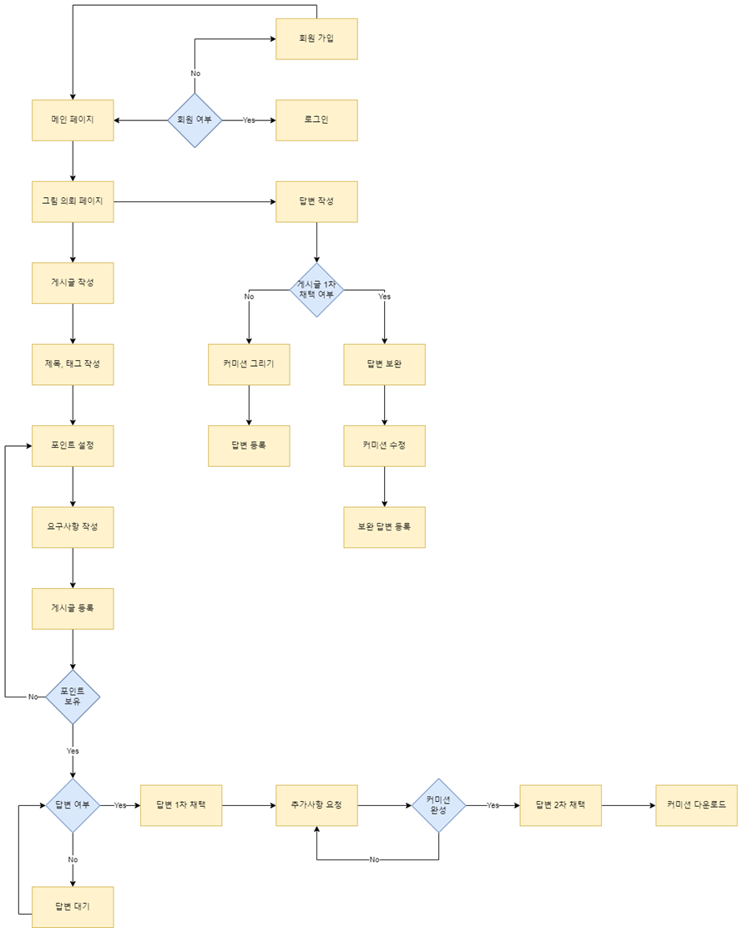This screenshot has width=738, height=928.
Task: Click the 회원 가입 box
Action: coord(316,38)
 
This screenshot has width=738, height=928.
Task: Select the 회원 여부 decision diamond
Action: coord(195,120)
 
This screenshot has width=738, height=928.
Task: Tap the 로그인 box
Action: coord(316,120)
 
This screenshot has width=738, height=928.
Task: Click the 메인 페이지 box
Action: coord(73,120)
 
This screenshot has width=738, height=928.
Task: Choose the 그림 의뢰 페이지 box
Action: coord(73,201)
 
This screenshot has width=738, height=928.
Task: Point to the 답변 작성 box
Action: coord(316,201)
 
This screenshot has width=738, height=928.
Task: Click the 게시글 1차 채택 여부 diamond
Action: coord(316,290)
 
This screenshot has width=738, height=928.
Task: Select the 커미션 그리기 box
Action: coord(249,364)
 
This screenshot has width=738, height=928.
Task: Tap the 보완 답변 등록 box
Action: coord(384,527)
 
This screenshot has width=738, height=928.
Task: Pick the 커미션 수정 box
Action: coord(384,446)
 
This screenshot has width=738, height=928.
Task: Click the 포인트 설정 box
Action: coord(73,446)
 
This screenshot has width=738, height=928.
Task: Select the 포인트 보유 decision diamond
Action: coord(73,696)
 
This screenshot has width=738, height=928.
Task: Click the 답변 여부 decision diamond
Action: coord(73,805)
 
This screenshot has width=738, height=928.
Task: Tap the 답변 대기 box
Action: coord(73,906)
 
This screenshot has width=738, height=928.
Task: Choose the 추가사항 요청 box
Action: coord(316,805)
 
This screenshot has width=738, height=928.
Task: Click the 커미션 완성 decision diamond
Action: coord(438,805)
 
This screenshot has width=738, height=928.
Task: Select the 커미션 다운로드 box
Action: coord(696,805)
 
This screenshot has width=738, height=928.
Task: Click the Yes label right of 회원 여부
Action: coord(249,120)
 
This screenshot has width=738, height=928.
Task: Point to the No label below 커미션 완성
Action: coord(374,860)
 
